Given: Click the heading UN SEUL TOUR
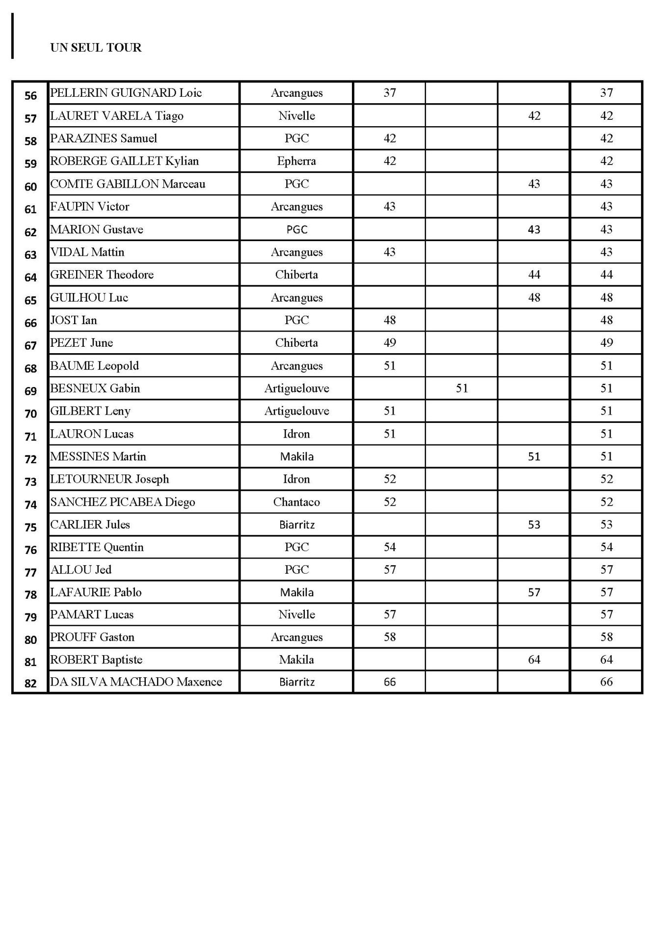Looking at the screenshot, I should click(x=96, y=48).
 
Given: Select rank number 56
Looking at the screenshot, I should click(x=30, y=96).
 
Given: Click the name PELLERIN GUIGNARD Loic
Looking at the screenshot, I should click(x=126, y=93).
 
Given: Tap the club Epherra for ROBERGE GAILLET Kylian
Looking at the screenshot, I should click(x=296, y=161).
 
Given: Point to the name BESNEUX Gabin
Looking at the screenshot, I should click(x=95, y=388).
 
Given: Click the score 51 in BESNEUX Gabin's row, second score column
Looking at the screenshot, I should click(x=461, y=388).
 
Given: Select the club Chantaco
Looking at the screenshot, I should click(x=296, y=502).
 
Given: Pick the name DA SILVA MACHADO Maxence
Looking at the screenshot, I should click(x=136, y=682).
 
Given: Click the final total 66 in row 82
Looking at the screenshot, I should click(x=606, y=682).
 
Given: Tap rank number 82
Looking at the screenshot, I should click(x=30, y=684).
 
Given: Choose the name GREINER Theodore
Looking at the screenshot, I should click(x=102, y=275).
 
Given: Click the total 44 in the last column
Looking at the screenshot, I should click(x=606, y=275).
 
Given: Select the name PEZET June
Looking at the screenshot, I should click(x=81, y=343).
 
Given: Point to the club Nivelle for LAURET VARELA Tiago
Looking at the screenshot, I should click(x=296, y=116).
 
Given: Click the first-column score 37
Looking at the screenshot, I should click(x=389, y=93).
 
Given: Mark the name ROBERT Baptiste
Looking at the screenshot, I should click(x=96, y=660).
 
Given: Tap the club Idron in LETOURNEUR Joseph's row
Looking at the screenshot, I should click(x=296, y=479).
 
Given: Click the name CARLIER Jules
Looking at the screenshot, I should click(x=90, y=525).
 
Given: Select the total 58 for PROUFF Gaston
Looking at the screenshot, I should click(x=606, y=637).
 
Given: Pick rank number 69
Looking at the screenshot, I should click(x=30, y=391).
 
